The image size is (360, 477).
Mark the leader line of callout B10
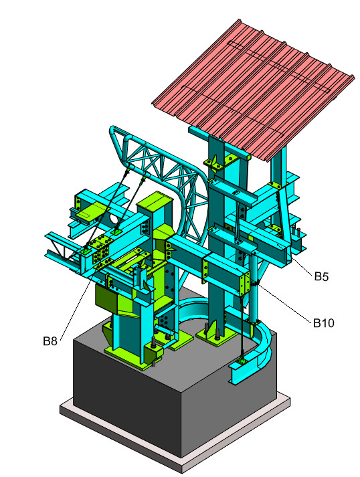288,304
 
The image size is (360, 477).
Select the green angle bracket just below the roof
221,161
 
